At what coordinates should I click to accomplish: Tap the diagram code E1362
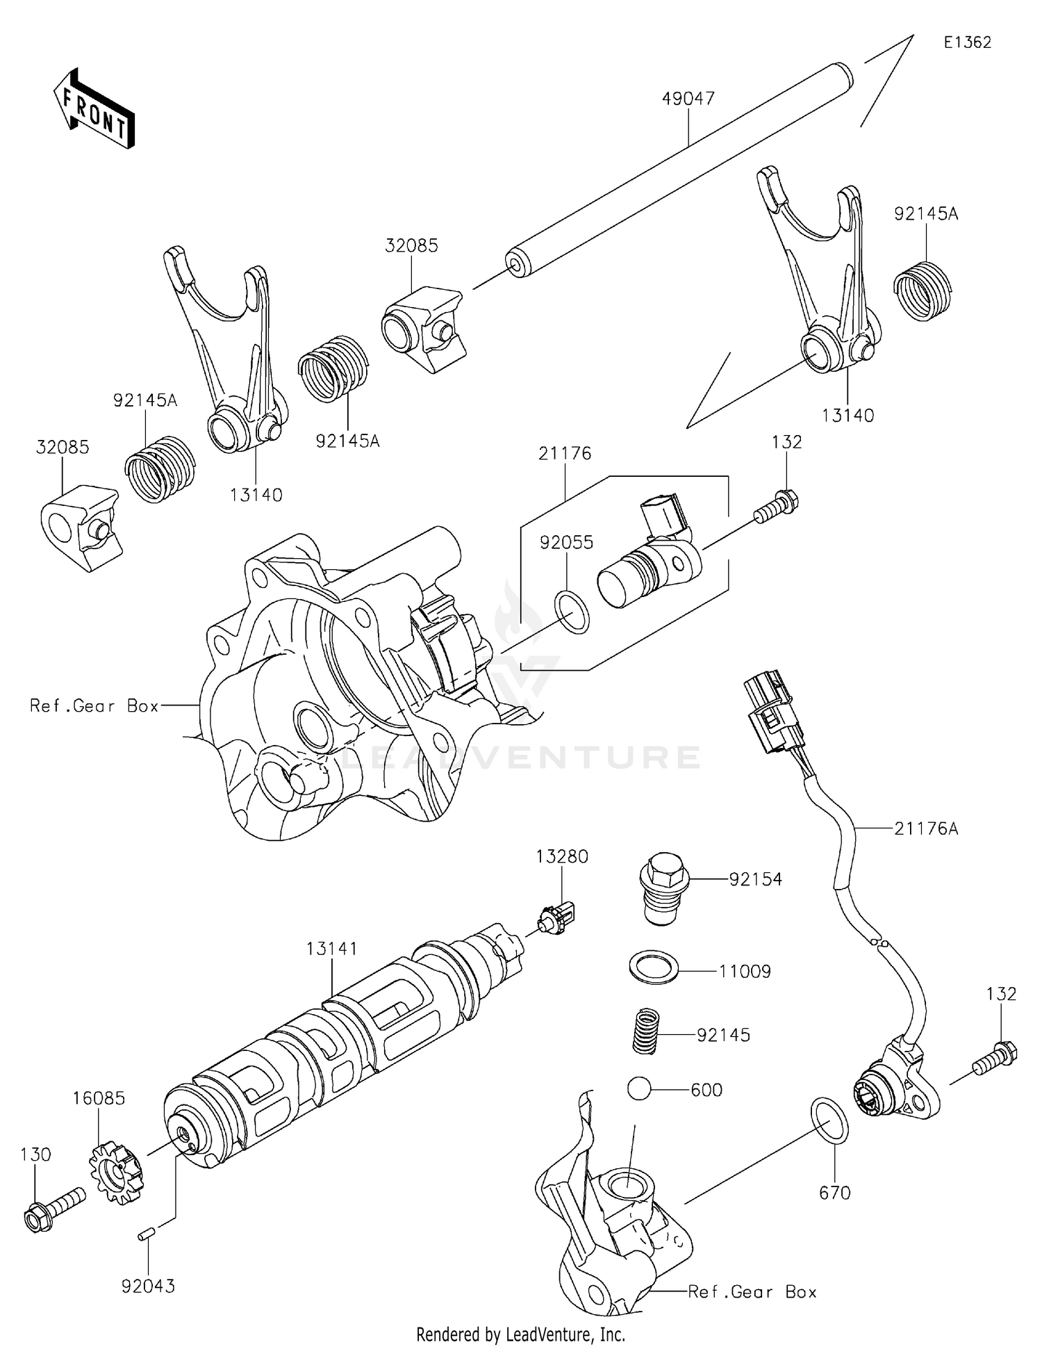[x=967, y=42]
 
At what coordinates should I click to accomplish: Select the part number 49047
[x=688, y=99]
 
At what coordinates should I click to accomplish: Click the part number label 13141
[x=332, y=949]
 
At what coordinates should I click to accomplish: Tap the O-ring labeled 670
[x=829, y=1122]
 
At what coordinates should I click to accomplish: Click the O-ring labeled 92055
[x=572, y=611]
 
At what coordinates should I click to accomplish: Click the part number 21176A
[x=926, y=828]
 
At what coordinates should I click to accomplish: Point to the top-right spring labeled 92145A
[x=923, y=290]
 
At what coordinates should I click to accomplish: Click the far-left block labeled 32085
[x=80, y=527]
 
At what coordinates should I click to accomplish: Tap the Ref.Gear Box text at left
[x=94, y=706]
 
